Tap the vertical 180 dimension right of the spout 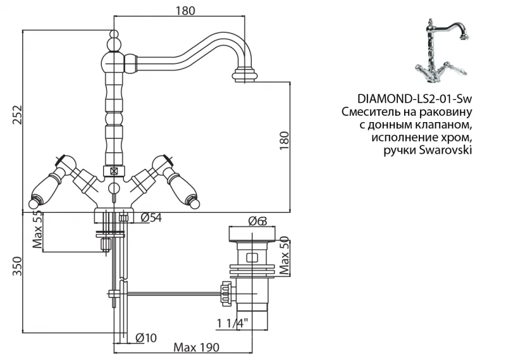[284, 140]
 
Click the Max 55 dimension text [37, 231]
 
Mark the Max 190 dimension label [195, 348]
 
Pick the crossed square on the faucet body [114, 170]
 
